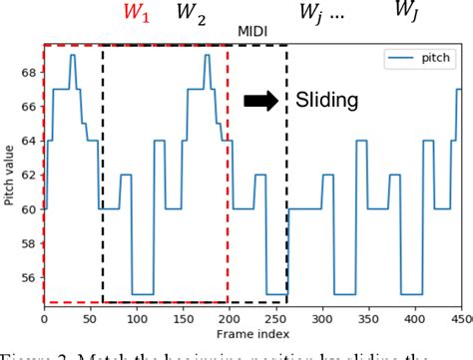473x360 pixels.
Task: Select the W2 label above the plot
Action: tap(189, 13)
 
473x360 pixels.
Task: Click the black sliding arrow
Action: tap(262, 99)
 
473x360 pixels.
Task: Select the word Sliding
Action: tap(325, 99)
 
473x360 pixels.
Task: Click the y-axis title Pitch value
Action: tap(9, 175)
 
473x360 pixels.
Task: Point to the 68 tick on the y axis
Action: tap(30, 73)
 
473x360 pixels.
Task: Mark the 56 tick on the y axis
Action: tap(30, 279)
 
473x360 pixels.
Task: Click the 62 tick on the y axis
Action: tap(30, 176)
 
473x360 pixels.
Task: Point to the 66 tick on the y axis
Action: tap(30, 107)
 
